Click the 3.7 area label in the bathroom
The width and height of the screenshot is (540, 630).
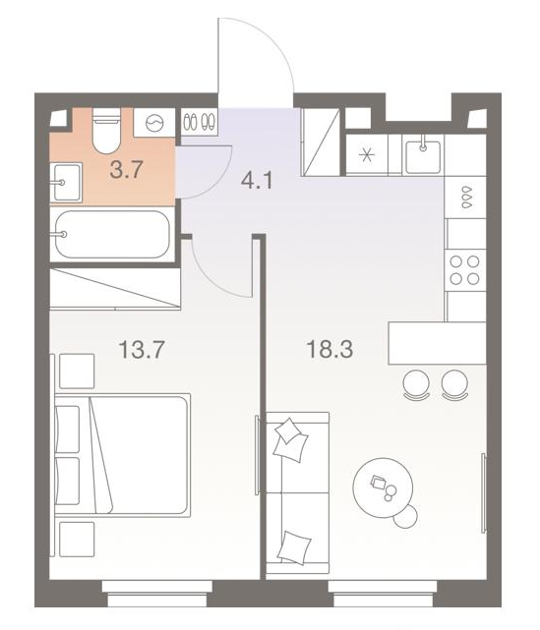[126, 170]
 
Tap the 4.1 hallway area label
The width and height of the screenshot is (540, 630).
[257, 181]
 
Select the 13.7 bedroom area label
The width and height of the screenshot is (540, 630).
[142, 349]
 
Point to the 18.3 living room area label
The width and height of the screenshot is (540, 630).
[330, 349]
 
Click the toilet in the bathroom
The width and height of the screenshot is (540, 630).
[106, 131]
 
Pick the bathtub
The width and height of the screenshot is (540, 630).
[112, 234]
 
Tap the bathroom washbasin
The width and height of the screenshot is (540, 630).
[66, 182]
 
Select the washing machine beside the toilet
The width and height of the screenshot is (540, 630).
[154, 123]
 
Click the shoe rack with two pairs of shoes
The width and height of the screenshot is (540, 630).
[199, 121]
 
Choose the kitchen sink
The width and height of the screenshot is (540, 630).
[423, 154]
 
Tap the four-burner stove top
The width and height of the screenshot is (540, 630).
[465, 270]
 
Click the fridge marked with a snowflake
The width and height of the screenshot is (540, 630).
[367, 154]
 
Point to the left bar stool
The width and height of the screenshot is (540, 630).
[416, 385]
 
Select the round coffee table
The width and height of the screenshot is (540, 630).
[383, 487]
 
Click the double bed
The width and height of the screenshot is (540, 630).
[122, 455]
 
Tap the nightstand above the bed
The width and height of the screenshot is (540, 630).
[77, 371]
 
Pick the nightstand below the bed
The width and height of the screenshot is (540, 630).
[77, 540]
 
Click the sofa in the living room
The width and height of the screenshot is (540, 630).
[298, 493]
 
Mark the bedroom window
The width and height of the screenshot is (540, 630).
[156, 593]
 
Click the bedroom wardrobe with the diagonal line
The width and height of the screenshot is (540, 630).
[115, 289]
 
